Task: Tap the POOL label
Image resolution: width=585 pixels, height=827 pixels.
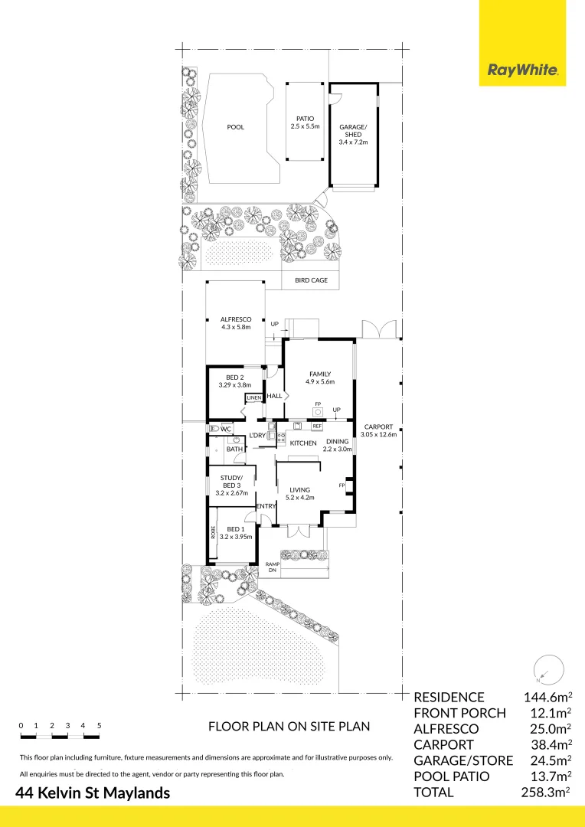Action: coord(235,127)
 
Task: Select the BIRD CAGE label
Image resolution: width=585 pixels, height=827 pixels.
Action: coord(311,280)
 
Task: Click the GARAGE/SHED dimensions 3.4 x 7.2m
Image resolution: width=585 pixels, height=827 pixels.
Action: coord(353,142)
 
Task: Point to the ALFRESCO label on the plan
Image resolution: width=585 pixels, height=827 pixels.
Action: coord(236,319)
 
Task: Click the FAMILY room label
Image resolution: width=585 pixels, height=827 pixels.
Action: coord(319,374)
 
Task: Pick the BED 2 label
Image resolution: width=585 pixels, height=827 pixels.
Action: coord(235,377)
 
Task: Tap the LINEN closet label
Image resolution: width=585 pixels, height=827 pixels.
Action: coord(253,397)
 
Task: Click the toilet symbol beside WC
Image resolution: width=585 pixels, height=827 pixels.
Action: coord(214,429)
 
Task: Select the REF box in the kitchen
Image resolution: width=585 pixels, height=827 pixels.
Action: coord(317,426)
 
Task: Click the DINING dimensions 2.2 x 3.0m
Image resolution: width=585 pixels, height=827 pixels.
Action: coord(337,449)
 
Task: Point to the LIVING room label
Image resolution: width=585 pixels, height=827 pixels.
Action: coord(299,489)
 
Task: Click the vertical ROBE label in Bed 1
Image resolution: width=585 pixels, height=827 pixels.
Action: coord(213,531)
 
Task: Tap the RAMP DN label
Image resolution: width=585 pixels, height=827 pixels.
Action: coord(272,567)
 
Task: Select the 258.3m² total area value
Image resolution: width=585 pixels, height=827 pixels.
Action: coord(545,792)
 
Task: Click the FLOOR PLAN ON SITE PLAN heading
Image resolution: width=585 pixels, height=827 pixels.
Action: coord(289,726)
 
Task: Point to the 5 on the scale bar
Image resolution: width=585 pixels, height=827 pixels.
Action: coord(100,726)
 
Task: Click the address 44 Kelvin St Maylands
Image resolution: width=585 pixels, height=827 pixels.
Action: coord(93,793)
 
